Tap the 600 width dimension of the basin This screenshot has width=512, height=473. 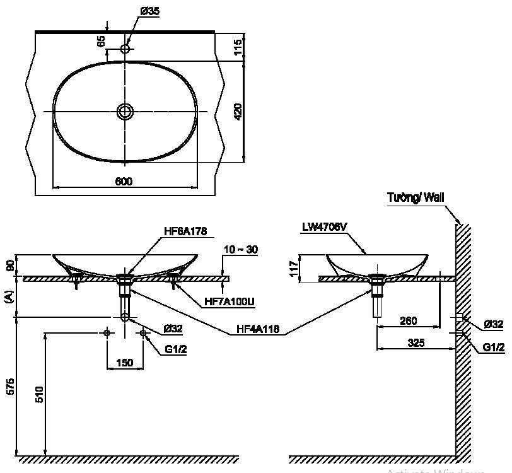point(124,182)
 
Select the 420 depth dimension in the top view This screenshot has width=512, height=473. point(238,112)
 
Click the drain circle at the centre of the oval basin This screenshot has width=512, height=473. point(125,112)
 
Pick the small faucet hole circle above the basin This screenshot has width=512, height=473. point(125,49)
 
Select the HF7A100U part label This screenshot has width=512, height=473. point(230,302)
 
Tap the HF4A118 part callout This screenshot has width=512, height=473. point(259,329)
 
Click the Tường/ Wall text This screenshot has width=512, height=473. point(416,198)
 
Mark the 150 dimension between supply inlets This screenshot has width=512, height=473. point(124,363)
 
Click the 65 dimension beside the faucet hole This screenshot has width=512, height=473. point(101,42)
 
